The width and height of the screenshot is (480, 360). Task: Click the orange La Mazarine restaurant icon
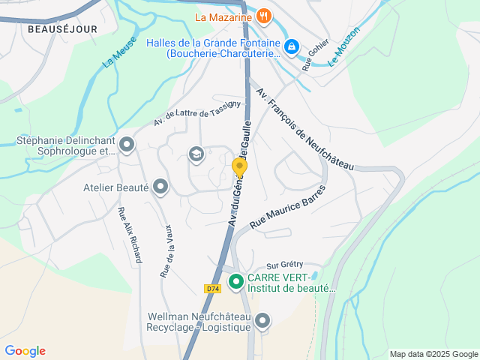coord(263,16)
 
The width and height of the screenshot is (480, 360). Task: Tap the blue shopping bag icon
coord(292,47)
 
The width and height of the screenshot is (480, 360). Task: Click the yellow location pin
coord(239,167)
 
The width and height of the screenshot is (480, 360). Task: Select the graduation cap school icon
coord(196,154)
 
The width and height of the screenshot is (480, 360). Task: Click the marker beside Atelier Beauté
coord(160,187)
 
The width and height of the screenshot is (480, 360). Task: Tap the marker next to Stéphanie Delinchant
coord(127,143)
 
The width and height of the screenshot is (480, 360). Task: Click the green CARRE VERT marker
coord(235,282)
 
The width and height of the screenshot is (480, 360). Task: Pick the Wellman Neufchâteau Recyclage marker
coord(262,321)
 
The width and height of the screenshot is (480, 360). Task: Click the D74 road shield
coord(212,289)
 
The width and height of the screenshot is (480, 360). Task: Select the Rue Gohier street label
coord(316,54)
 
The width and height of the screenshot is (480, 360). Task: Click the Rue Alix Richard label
coord(130,234)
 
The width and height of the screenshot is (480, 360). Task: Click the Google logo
coord(25,351)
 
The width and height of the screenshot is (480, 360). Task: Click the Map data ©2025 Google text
coord(433,354)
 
